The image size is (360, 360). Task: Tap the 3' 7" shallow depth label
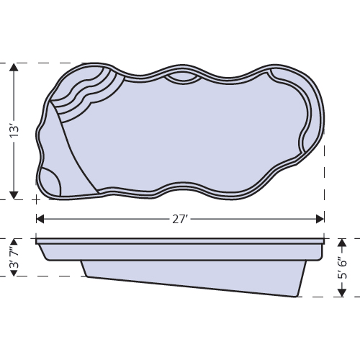pyautogui.click(x=12, y=257)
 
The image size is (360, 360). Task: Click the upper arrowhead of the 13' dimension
pyautogui.click(x=14, y=68)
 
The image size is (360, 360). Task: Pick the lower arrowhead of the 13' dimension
pyautogui.click(x=14, y=193)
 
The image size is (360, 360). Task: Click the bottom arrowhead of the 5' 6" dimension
pyautogui.click(x=343, y=292)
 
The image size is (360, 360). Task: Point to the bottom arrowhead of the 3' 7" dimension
pyautogui.click(x=12, y=272)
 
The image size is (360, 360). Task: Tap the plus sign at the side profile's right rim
pyautogui.click(x=325, y=238)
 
